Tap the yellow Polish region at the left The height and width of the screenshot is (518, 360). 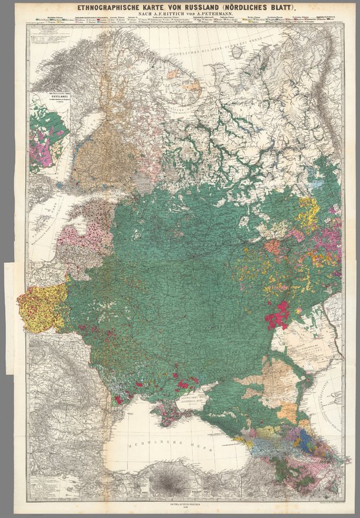[39, 307]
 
